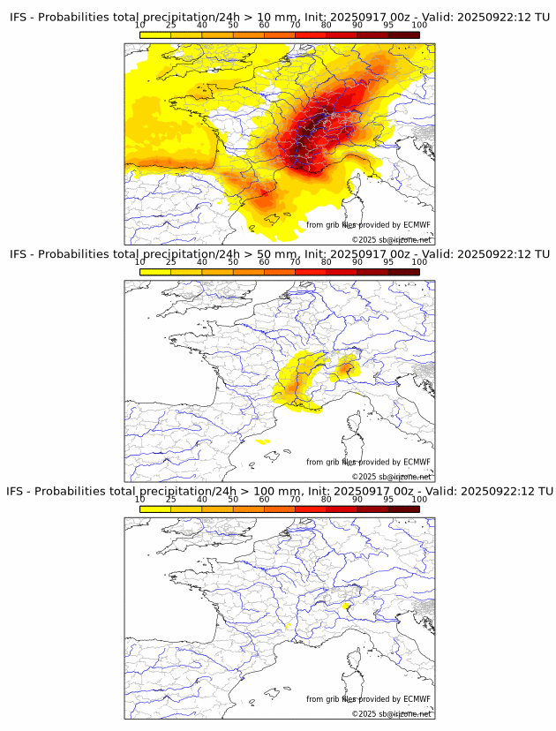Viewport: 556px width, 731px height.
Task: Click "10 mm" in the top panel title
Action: click(x=281, y=18)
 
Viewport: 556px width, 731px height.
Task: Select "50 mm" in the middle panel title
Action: click(x=281, y=254)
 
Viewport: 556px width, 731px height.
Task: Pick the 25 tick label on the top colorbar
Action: click(x=170, y=25)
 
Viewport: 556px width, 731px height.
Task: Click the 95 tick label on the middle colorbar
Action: click(x=388, y=261)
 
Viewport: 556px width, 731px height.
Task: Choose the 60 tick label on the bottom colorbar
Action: click(x=264, y=498)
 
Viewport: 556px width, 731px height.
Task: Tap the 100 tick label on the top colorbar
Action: click(x=419, y=25)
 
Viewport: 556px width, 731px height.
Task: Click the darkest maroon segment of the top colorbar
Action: click(x=403, y=34)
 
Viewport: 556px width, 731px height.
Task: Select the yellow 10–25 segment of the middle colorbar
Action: click(x=155, y=271)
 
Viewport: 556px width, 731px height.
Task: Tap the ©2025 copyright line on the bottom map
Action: click(x=391, y=713)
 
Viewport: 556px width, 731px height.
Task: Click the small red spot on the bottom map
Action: click(x=344, y=606)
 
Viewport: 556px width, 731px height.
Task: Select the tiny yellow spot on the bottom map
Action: click(x=288, y=626)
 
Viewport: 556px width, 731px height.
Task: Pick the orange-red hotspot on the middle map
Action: click(x=347, y=367)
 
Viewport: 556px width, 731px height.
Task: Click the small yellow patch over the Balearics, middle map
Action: click(x=263, y=441)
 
